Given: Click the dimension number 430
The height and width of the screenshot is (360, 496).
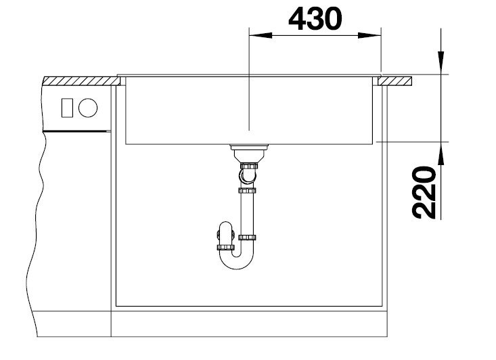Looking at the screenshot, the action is pos(315,19).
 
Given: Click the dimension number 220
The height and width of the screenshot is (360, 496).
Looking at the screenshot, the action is pos(424,193).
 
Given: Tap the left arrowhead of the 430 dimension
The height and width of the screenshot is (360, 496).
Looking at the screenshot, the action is pos(261,35).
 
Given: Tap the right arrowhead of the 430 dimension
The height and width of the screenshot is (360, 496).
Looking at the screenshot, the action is pos(369,35).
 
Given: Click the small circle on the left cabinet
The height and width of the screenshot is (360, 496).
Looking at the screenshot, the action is pos(88,108).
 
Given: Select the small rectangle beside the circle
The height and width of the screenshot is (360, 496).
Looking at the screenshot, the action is pos(67,108).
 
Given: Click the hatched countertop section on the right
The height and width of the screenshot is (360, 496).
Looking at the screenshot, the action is pos(394,81).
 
